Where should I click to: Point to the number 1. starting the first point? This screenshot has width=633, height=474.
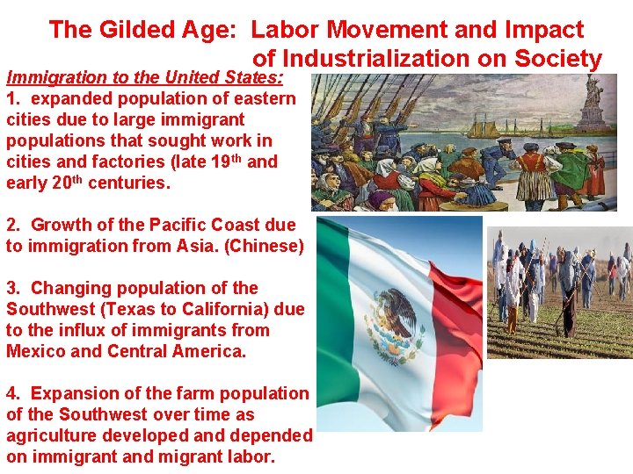[x=14, y=98]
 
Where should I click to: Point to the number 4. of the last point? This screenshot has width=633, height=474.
[x=14, y=394]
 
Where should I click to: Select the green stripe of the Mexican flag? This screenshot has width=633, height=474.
[x=343, y=325]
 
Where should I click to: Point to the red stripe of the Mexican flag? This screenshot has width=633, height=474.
[x=457, y=325]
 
